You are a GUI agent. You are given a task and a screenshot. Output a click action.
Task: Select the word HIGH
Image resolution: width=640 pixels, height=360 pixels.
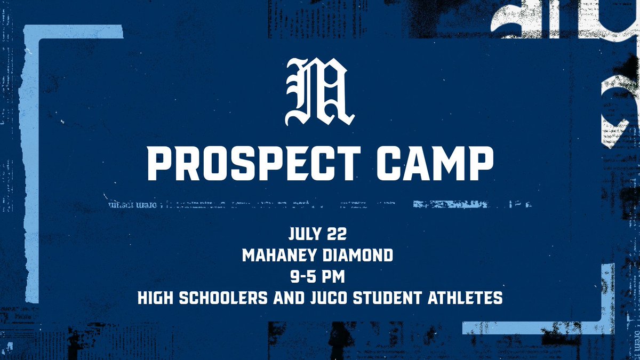click(x=155, y=298)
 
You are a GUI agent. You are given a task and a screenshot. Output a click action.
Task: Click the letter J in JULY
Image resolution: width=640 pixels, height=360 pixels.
click(x=291, y=235)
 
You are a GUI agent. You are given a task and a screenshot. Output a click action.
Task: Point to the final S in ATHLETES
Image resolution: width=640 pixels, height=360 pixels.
click(x=498, y=298)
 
